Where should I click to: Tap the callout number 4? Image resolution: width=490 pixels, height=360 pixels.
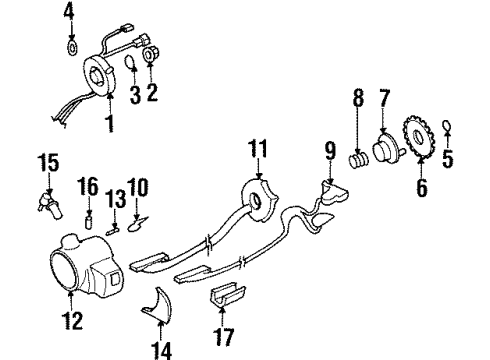(69, 12)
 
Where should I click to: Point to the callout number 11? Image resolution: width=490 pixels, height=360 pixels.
(260, 152)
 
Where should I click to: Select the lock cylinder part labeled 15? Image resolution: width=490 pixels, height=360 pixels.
(47, 195)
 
